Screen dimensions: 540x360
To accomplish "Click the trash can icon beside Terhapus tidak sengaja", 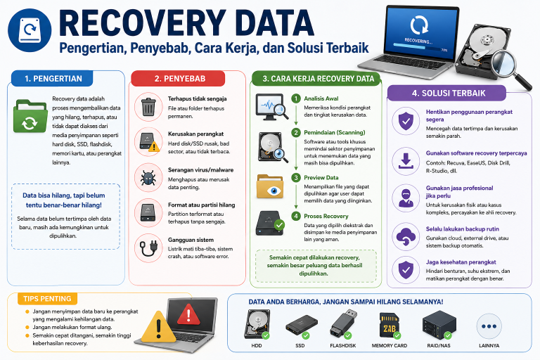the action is [x=148, y=107].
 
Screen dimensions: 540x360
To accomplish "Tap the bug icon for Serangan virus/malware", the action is [x=148, y=178].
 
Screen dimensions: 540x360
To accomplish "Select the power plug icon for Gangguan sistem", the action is [x=148, y=248].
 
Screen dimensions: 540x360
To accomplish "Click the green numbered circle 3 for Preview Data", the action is [x=296, y=178].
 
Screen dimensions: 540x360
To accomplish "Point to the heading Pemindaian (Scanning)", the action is [x=335, y=133].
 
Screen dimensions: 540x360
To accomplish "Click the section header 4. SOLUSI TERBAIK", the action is [x=449, y=93].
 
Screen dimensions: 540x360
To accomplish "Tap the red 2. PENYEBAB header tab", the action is [x=180, y=79].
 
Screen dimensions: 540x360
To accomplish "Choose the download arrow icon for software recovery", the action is [x=406, y=161].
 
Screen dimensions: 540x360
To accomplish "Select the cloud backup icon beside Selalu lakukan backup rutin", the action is [x=406, y=237].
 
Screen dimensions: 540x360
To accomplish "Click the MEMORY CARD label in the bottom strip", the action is [x=390, y=345].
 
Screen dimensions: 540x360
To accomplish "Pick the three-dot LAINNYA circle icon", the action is [x=489, y=326].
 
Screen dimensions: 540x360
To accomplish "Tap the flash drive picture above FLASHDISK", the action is [x=343, y=324].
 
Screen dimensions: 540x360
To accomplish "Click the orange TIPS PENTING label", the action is [x=48, y=299].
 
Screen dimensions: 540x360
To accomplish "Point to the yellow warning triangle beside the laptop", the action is [x=158, y=327].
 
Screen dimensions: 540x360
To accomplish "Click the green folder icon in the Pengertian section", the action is [x=30, y=116].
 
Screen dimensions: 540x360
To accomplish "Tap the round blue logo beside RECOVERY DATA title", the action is [x=30, y=30].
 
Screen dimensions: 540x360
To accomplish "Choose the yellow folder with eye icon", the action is [x=270, y=186].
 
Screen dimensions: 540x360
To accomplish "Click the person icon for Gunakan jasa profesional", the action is [x=406, y=198].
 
